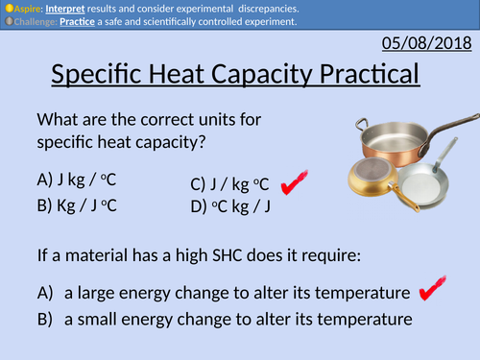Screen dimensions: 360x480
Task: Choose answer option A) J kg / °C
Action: point(84,178)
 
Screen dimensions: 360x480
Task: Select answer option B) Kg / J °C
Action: point(84,204)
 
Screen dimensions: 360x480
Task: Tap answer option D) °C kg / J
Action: point(233,205)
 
